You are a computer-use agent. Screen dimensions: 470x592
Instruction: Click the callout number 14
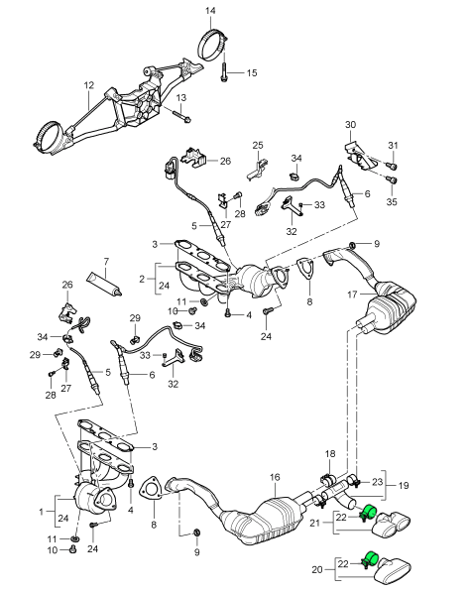click(x=210, y=10)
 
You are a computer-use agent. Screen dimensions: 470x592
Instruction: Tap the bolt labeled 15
click(x=224, y=72)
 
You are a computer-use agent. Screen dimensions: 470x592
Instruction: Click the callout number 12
click(x=88, y=85)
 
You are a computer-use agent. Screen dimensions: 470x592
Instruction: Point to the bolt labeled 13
click(x=182, y=117)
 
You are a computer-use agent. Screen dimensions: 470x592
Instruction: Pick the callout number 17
click(x=352, y=295)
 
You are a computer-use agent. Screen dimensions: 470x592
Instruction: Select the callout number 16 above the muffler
click(x=275, y=477)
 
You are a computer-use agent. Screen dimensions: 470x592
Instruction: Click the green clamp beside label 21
click(x=368, y=512)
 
